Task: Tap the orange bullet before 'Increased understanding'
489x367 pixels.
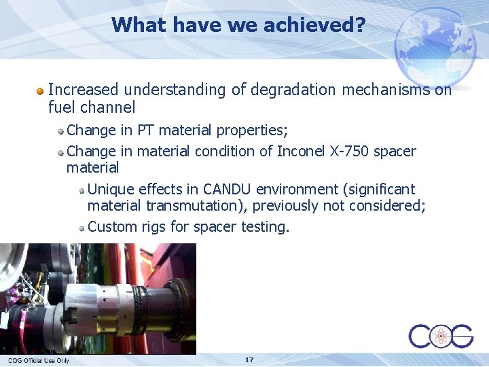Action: tap(41, 90)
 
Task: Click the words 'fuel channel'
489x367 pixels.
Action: tap(92, 107)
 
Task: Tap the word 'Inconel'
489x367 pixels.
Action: tap(301, 151)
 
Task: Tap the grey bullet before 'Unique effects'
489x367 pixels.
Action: tap(81, 190)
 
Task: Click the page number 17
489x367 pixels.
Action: tap(249, 360)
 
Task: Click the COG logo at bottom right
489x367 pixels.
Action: tap(440, 336)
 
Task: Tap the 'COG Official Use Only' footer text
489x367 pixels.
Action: tap(38, 360)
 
